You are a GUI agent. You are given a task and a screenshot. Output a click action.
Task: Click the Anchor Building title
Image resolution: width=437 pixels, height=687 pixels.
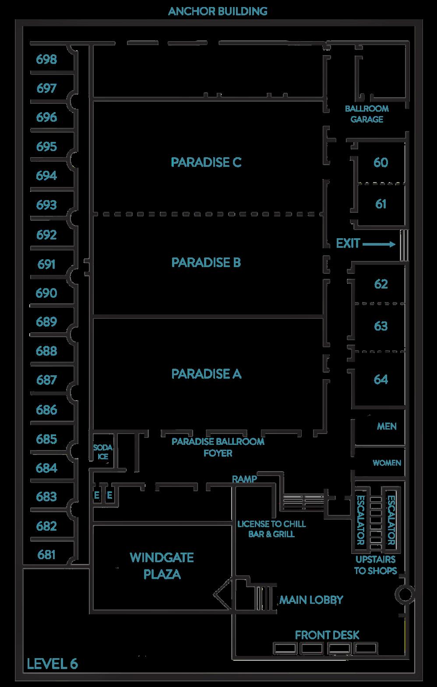tap(218, 11)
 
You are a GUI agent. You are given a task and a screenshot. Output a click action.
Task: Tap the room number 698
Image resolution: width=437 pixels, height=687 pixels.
tap(46, 59)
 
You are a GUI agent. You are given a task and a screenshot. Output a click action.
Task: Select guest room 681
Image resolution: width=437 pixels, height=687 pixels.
tap(46, 555)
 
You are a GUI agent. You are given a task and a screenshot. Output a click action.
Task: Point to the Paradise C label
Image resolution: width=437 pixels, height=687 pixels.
tap(206, 162)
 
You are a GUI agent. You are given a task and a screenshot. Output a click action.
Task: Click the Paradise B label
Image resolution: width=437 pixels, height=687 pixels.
tap(206, 262)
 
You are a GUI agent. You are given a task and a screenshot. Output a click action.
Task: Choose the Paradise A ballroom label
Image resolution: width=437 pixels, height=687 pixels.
tap(206, 374)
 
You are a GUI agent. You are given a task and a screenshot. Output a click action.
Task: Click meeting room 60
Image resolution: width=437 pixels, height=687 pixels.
tap(381, 162)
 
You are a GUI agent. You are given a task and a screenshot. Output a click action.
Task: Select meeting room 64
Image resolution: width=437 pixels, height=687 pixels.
tap(381, 379)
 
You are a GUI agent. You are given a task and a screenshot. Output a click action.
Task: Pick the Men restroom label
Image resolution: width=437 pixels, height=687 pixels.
tap(387, 426)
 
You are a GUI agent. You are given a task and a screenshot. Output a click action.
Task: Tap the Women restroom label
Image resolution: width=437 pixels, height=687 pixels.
tap(387, 463)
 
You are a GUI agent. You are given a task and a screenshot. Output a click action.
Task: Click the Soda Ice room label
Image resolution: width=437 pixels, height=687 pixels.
tap(103, 452)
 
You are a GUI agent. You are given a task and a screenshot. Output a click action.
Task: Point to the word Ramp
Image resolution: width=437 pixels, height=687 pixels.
tap(244, 479)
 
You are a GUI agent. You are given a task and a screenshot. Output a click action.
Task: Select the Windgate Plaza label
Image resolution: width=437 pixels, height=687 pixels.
tap(162, 566)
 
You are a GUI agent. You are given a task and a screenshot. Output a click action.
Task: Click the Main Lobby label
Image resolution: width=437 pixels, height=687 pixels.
tap(311, 600)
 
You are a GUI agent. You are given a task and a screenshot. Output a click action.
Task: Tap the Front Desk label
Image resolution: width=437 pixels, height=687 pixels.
tap(327, 635)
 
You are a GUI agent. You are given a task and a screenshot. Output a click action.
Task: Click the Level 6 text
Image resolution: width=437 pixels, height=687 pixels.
tap(52, 664)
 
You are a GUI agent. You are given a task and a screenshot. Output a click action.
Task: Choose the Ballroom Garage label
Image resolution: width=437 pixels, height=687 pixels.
tap(367, 114)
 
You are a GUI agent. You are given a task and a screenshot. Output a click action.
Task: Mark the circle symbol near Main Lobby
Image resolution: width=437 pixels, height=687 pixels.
tap(404, 595)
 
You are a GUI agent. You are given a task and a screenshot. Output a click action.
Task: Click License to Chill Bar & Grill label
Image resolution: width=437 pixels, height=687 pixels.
tap(271, 528)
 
